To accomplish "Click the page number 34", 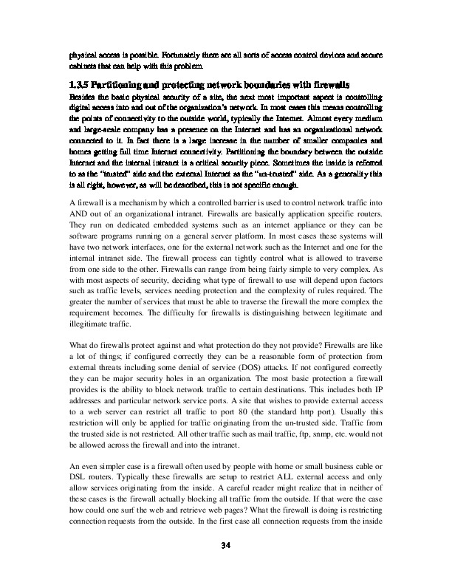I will coord(227,546).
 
